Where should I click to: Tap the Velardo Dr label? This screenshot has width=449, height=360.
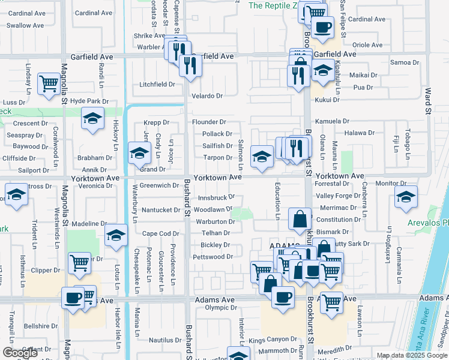(207, 96)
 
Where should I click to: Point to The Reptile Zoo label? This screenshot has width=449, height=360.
(273, 5)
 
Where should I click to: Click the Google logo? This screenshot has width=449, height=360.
(19, 352)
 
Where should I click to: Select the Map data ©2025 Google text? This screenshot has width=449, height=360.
(412, 355)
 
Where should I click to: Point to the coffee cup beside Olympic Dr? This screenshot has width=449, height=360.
(283, 296)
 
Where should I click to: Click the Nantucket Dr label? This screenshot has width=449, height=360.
(161, 210)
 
